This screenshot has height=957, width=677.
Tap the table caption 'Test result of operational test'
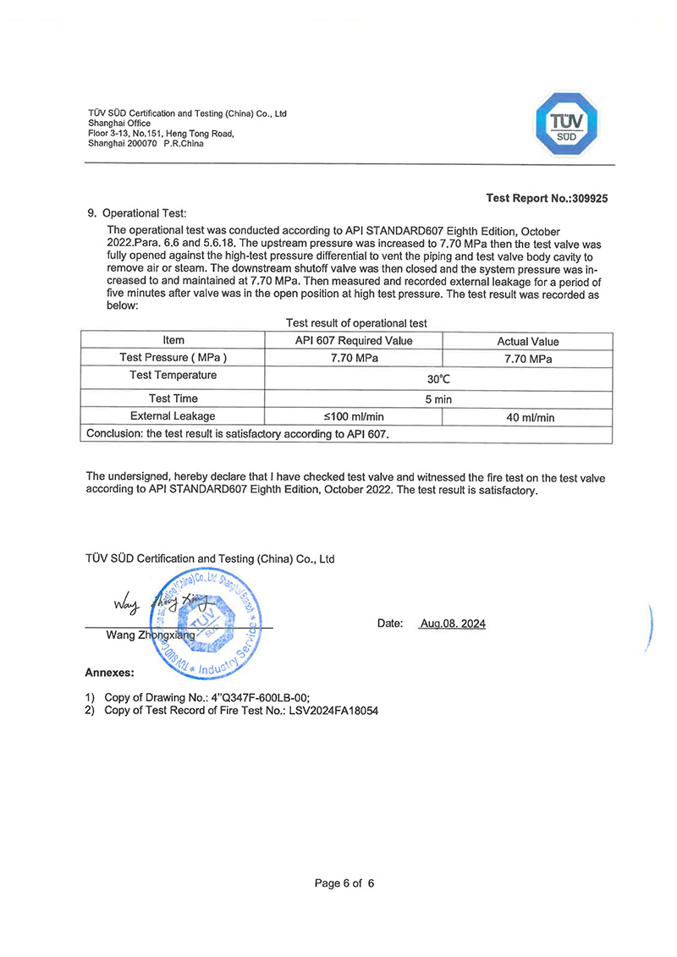pos(356,322)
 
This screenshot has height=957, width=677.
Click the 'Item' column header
pos(173,340)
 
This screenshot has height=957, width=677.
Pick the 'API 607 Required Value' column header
pos(354,340)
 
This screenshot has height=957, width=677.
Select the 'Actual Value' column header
pos(527,342)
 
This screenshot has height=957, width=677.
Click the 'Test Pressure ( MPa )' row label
pos(173,358)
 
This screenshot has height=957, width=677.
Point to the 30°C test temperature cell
pos(438,380)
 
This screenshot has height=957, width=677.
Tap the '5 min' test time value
pos(438,399)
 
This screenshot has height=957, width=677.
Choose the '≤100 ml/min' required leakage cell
pos(354,417)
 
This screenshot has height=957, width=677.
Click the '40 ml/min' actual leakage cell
pos(527,418)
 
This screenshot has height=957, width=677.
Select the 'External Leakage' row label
pos(173,416)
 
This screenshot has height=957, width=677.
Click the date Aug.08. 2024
pos(452,624)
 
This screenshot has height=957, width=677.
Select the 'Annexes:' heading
pos(109,674)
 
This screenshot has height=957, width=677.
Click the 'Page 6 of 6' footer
pos(344,883)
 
